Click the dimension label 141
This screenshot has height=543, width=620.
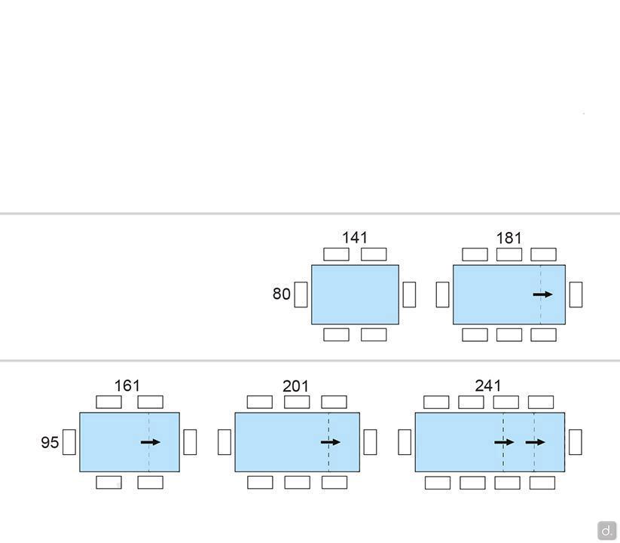(x=355, y=237)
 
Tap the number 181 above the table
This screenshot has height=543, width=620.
(x=509, y=238)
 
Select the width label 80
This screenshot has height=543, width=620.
(x=282, y=294)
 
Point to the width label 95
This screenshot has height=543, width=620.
(x=50, y=442)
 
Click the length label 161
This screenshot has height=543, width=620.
(x=127, y=386)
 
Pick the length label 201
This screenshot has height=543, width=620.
(x=295, y=386)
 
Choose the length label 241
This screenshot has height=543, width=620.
(x=488, y=386)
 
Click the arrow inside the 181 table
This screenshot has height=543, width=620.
(x=542, y=294)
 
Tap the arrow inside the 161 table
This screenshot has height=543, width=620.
(x=151, y=442)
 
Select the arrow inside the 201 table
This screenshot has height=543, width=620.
(x=331, y=442)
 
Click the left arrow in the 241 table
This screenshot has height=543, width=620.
(x=504, y=442)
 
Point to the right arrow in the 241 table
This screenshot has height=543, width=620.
(x=536, y=442)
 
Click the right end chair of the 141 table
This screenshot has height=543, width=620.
(x=409, y=294)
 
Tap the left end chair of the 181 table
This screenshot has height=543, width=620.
(x=442, y=294)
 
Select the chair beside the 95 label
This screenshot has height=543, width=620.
(x=69, y=442)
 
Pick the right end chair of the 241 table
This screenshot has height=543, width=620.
(x=576, y=442)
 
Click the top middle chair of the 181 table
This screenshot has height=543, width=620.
(x=509, y=255)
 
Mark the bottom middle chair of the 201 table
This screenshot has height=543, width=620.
(x=298, y=483)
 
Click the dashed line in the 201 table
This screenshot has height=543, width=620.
(x=328, y=442)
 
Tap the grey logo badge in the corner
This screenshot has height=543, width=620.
(x=607, y=530)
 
